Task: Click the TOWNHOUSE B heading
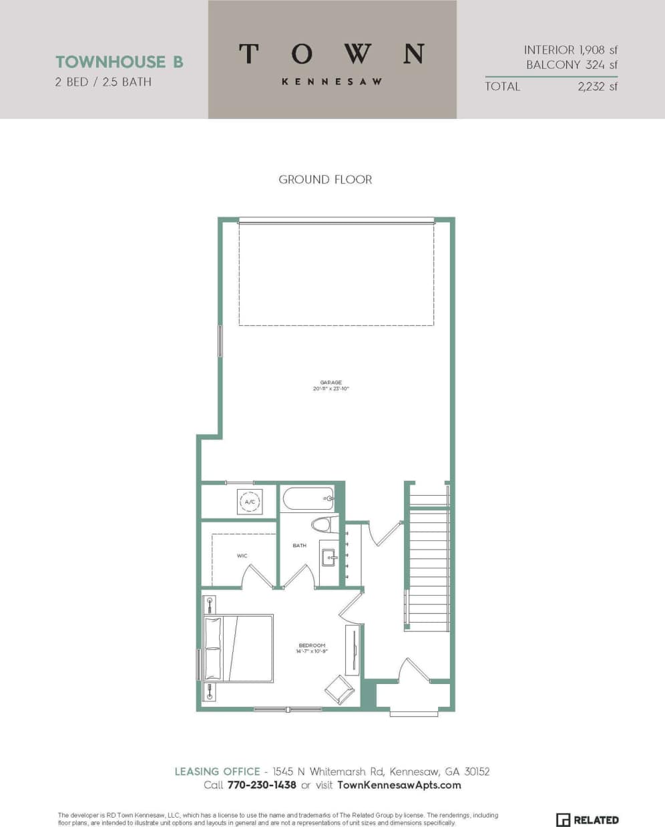(x=119, y=62)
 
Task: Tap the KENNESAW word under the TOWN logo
(x=332, y=81)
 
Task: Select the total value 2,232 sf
(x=598, y=86)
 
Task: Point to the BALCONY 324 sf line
(x=572, y=65)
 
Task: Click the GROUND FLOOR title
(x=325, y=180)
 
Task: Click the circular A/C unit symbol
(x=250, y=502)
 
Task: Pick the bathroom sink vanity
(x=328, y=558)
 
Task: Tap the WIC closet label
(x=242, y=556)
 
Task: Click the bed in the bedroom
(x=239, y=648)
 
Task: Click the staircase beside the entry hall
(x=427, y=568)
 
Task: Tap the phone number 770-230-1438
(x=262, y=785)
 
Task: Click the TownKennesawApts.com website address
(x=399, y=785)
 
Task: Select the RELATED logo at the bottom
(x=588, y=820)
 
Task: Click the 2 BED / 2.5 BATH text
(x=103, y=82)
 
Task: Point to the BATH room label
(x=299, y=546)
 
